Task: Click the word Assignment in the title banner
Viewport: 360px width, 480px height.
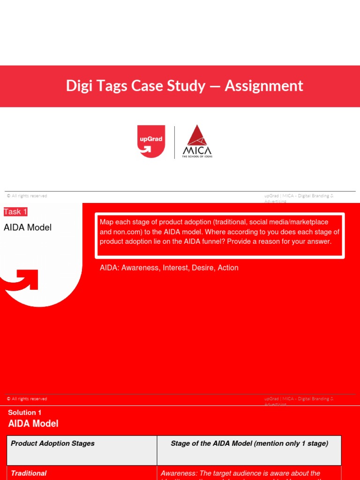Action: click(264, 86)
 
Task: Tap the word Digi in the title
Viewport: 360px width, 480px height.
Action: click(78, 86)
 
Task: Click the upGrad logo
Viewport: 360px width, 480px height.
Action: click(151, 141)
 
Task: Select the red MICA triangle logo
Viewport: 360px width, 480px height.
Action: click(197, 136)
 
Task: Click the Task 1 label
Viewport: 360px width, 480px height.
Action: click(15, 212)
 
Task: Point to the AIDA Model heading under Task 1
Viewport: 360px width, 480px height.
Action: click(28, 228)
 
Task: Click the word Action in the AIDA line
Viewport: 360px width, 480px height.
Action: click(228, 268)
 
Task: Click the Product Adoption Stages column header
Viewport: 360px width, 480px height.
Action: click(52, 443)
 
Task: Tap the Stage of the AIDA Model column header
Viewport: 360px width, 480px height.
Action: click(249, 443)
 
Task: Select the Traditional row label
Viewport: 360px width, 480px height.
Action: click(29, 473)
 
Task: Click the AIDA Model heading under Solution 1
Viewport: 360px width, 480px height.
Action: click(33, 424)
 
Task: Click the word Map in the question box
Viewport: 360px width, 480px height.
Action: click(106, 222)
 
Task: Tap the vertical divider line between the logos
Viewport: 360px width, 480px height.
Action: click(175, 142)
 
